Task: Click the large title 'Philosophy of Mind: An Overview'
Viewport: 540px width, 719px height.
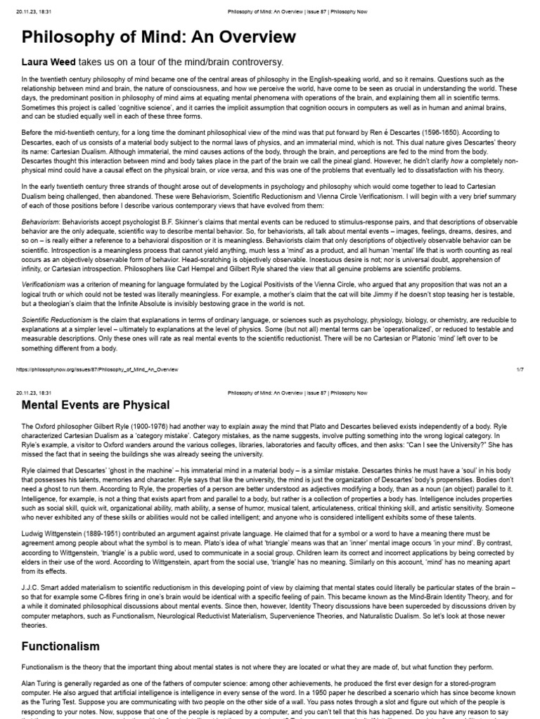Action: click(x=159, y=37)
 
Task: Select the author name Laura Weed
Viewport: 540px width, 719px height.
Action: click(x=49, y=62)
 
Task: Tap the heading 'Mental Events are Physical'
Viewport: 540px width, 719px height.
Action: click(x=96, y=405)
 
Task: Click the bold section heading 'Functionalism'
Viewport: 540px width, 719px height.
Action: click(x=60, y=645)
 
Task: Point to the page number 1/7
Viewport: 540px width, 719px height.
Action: click(x=520, y=367)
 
